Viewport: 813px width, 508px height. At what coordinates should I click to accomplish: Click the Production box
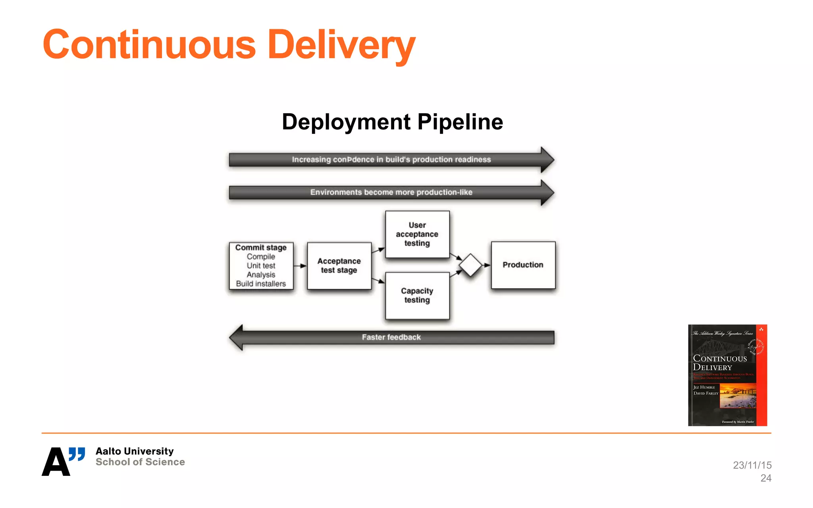point(523,265)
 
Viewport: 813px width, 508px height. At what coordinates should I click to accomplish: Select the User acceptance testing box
point(417,234)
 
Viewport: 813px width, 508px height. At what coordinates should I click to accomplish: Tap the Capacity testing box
point(417,296)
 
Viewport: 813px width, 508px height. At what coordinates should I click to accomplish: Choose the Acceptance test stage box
point(339,266)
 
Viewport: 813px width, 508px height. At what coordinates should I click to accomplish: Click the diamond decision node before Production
point(470,265)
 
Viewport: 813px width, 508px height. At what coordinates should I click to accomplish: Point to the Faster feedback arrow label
point(391,337)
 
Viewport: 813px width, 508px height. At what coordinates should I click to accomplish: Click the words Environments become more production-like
point(391,192)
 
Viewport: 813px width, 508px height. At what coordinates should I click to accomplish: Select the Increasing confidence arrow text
point(391,160)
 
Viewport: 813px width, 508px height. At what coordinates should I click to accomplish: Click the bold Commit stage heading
point(261,248)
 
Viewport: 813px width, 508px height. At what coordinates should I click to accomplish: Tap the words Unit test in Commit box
point(261,266)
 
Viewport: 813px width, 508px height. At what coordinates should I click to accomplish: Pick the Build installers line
point(261,284)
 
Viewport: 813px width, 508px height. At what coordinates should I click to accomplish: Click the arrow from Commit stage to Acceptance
point(300,266)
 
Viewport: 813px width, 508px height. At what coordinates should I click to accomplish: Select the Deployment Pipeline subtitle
point(392,122)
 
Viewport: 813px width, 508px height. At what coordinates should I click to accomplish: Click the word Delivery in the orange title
point(341,44)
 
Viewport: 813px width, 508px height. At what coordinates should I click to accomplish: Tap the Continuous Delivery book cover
point(727,375)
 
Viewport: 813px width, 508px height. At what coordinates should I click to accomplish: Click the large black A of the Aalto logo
point(56,462)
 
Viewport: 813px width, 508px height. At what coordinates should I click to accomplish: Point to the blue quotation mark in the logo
point(77,454)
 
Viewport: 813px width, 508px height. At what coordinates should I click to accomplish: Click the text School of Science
point(140,462)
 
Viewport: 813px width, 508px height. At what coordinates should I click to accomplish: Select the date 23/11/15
point(752,465)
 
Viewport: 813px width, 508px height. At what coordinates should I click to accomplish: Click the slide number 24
point(766,478)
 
